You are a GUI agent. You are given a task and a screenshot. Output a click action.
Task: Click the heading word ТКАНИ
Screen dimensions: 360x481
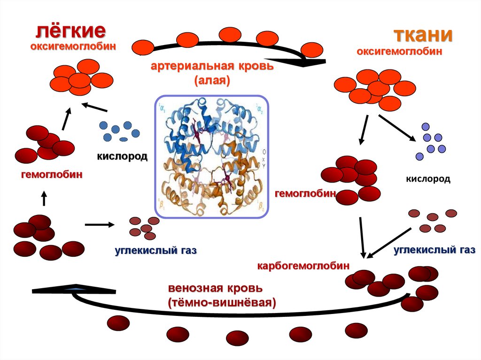coord(423,35)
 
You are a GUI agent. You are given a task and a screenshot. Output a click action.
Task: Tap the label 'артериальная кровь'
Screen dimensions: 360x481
coord(212,66)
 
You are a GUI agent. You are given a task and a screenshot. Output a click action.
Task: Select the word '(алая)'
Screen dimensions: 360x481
coord(212,80)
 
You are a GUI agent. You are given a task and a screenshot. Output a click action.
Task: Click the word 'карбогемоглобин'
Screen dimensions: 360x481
coord(303,266)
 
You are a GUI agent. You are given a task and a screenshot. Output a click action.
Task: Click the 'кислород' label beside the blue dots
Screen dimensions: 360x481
coord(123,156)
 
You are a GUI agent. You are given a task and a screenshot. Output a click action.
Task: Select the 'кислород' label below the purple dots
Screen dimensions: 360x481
coord(428,179)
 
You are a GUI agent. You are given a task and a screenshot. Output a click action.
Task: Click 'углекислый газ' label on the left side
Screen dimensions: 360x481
coord(155,251)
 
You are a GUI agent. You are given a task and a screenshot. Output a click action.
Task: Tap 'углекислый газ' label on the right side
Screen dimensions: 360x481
coord(434,250)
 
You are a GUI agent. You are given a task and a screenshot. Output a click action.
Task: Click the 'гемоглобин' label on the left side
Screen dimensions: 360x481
coord(52,175)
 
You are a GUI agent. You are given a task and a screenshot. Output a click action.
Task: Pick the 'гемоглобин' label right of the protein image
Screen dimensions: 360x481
coord(305,193)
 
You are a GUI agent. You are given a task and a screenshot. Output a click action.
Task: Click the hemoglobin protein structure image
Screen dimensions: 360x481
coord(211,156)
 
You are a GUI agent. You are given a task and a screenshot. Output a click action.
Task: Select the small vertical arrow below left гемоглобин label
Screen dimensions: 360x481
coord(44,198)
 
